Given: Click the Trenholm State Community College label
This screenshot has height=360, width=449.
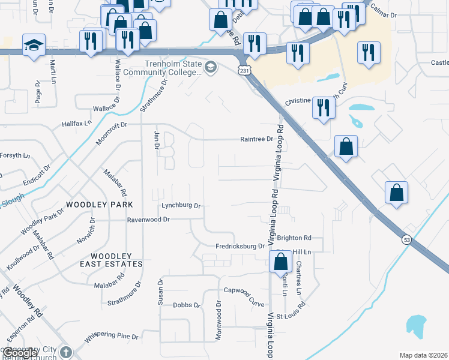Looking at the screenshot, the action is tap(172, 68).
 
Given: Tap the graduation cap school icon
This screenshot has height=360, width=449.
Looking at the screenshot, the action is tap(34, 44).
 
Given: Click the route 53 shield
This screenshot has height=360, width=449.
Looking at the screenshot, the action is tap(406, 239).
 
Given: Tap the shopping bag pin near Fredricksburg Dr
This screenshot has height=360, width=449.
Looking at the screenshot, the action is tap(280, 262).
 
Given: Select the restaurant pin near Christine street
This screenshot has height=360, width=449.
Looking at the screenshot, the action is tap(324, 108).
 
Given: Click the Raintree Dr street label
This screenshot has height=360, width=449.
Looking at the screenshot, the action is tap(256, 139).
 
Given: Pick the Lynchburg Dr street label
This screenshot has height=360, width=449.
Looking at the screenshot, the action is tap(181, 205).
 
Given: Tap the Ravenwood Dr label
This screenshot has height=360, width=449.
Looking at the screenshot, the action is tap(149, 220).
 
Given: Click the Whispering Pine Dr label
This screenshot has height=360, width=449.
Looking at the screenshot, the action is tap(111, 337).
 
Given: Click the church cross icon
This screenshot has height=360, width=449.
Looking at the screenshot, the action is tap(66, 352).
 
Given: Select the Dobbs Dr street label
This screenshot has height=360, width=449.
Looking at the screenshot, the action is tap(187, 305).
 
